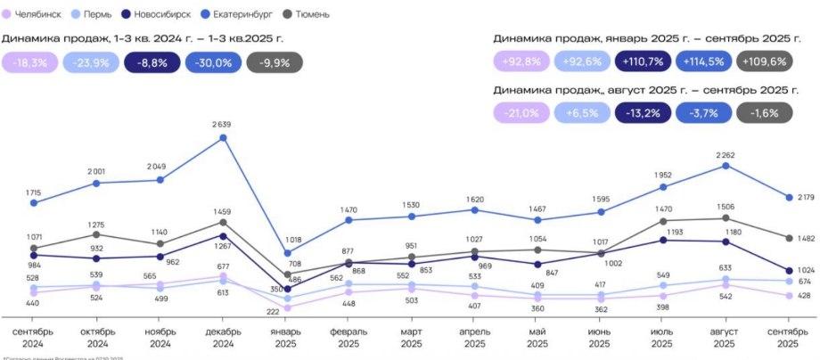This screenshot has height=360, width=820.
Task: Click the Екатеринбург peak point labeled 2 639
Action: click(x=223, y=137)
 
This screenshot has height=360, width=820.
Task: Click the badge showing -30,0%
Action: click(x=212, y=62)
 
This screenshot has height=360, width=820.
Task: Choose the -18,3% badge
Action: click(x=29, y=62)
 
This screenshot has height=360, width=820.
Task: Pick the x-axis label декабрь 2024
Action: click(x=223, y=337)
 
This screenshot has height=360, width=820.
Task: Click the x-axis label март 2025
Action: click(x=412, y=337)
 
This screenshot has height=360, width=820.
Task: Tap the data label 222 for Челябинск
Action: click(x=273, y=312)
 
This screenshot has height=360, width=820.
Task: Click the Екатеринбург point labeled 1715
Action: click(x=34, y=203)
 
